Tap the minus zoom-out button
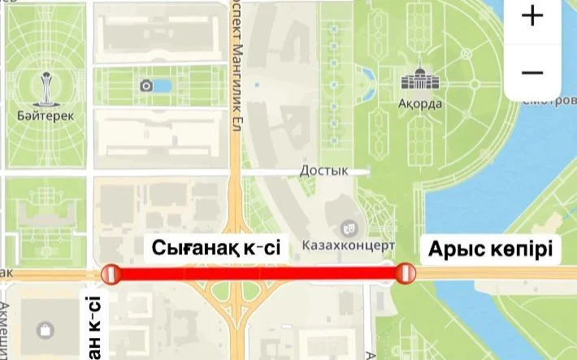[532, 73]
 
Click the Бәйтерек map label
[45, 115]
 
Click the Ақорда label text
[420, 104]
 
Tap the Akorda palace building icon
[419, 80]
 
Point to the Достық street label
[323, 171]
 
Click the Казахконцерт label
[348, 245]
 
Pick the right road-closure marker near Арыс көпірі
[404, 274]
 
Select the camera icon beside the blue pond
[146, 85]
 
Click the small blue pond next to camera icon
[163, 85]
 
